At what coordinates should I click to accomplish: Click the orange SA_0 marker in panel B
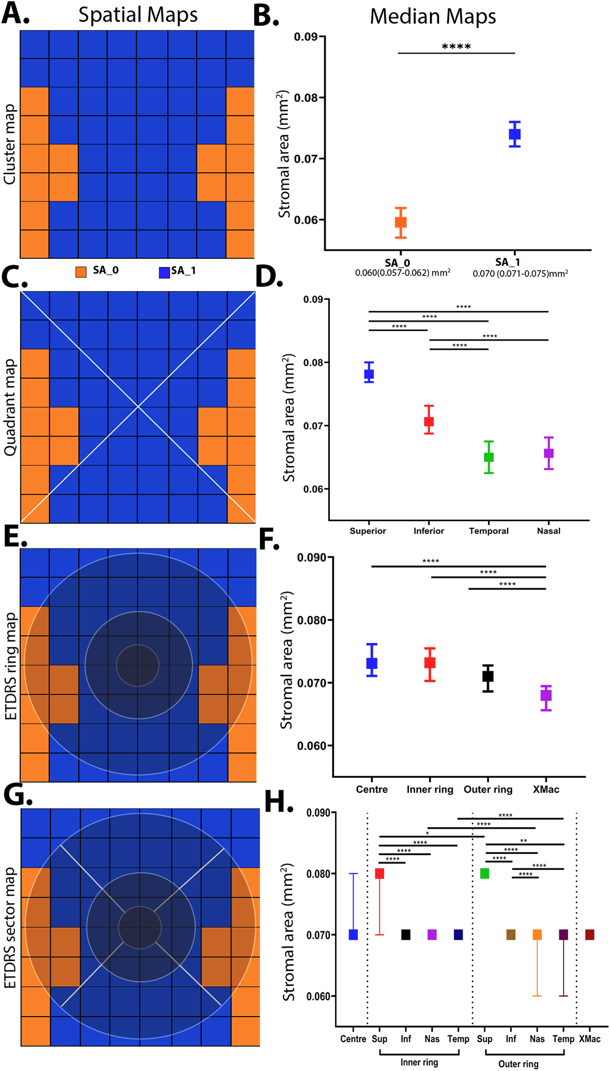pyautogui.click(x=400, y=222)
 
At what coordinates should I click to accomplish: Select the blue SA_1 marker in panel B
pyautogui.click(x=514, y=134)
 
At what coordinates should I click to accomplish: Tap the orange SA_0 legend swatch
pyautogui.click(x=81, y=272)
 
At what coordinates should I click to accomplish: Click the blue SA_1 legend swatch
pyautogui.click(x=164, y=272)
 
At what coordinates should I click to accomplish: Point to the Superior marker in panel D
pyautogui.click(x=369, y=374)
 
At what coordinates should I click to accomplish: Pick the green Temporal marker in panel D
pyautogui.click(x=488, y=457)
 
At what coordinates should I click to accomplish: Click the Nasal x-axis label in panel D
pyautogui.click(x=548, y=531)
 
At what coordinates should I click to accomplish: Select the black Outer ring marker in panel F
pyautogui.click(x=488, y=676)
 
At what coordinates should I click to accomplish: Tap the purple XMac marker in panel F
pyautogui.click(x=546, y=695)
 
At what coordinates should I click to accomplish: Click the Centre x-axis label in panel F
pyautogui.click(x=372, y=789)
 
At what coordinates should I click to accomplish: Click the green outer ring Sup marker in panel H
pyautogui.click(x=484, y=874)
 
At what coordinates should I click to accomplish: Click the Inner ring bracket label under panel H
pyautogui.click(x=419, y=1062)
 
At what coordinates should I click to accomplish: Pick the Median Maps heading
pyautogui.click(x=433, y=17)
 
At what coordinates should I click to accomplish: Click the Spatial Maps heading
pyautogui.click(x=138, y=15)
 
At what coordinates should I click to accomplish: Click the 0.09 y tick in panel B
pyautogui.click(x=305, y=37)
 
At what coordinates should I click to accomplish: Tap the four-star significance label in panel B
pyautogui.click(x=456, y=47)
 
